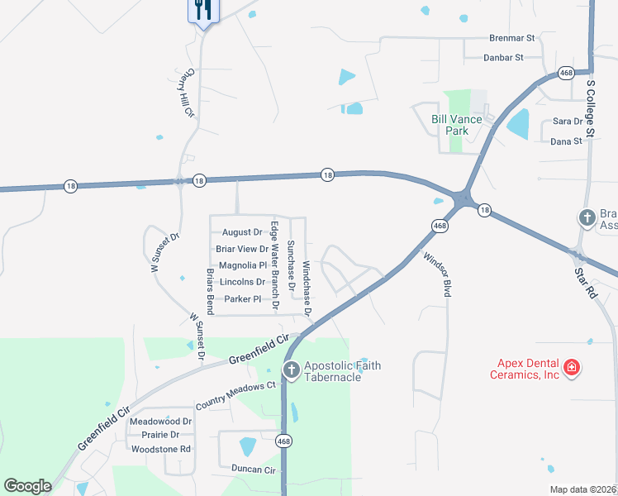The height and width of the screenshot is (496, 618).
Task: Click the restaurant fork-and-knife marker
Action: coord(202,10)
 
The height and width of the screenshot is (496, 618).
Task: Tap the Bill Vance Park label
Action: coord(457,125)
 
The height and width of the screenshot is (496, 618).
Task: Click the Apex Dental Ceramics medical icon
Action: coord(570,367)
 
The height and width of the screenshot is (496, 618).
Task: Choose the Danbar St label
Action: coord(506,58)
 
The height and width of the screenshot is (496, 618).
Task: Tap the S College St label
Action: coord(591,108)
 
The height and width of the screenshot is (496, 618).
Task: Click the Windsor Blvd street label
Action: coord(437,275)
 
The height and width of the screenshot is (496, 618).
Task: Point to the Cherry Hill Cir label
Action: coord(182,92)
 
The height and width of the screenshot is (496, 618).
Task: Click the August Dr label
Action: coord(242,233)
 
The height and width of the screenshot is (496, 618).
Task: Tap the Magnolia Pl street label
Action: coord(243,266)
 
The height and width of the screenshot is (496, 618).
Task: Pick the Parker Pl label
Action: coord(243,299)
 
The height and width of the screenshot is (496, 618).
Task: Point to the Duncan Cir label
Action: coord(254,469)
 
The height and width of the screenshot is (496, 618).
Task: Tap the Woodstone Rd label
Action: coord(161,450)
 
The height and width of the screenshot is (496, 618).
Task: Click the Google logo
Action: coord(27,486)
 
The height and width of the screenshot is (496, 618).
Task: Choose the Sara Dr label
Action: coord(568,122)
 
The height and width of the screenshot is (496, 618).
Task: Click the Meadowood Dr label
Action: coord(161,421)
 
